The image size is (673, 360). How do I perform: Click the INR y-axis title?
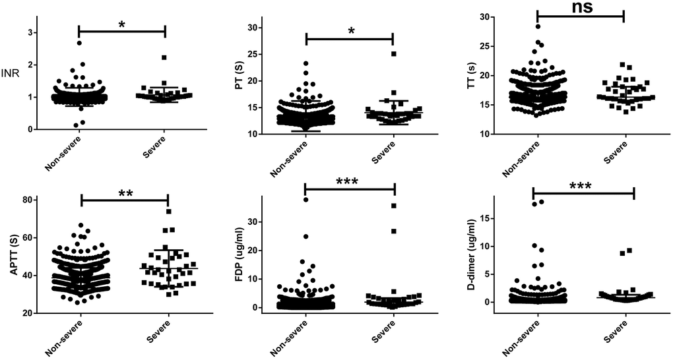pos(12,73)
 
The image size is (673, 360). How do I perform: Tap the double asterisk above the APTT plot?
pos(125,194)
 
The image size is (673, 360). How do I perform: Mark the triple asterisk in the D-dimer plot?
pos(582,187)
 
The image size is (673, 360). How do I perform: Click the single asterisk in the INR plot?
pos(121,24)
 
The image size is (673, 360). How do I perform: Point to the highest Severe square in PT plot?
pos(394,54)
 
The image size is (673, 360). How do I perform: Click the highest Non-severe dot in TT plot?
pos(538,26)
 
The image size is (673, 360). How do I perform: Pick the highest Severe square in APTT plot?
pos(169,212)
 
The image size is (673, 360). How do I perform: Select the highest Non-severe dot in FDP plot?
pos(305,200)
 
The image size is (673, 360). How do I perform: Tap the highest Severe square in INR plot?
pos(164,57)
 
